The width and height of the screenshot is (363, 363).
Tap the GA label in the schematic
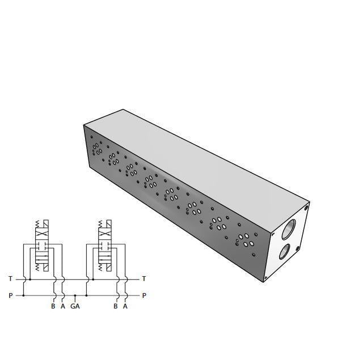[75, 306]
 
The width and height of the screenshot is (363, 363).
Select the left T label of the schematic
[10, 278]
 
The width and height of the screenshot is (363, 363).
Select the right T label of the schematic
[144, 278]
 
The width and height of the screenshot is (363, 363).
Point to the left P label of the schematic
[10, 296]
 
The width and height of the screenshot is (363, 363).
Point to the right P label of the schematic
[144, 296]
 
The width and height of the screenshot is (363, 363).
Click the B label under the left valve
[53, 306]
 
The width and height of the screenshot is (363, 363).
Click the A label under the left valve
[63, 306]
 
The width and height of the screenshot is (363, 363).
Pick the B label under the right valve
[116, 306]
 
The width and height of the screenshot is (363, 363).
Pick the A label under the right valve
[125, 306]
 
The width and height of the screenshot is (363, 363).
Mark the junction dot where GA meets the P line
[75, 296]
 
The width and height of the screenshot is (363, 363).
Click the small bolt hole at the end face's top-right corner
[306, 208]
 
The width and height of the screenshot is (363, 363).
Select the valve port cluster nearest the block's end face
[246, 238]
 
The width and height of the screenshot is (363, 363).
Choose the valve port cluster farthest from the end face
[98, 149]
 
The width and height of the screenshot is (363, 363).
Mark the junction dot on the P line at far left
[24, 296]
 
